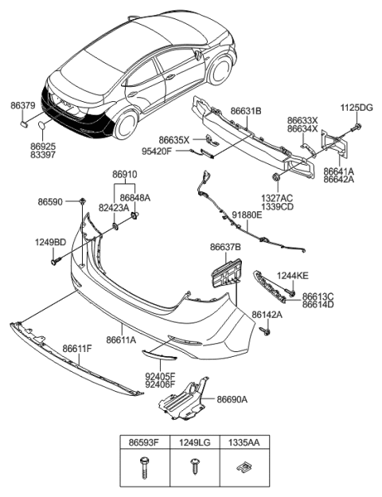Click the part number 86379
coord(22,105)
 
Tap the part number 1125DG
coord(357,108)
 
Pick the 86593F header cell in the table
coord(145,439)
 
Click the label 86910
coord(125,174)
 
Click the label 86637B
coord(226,248)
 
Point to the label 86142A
coord(268,315)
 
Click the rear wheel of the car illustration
coord(127,124)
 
